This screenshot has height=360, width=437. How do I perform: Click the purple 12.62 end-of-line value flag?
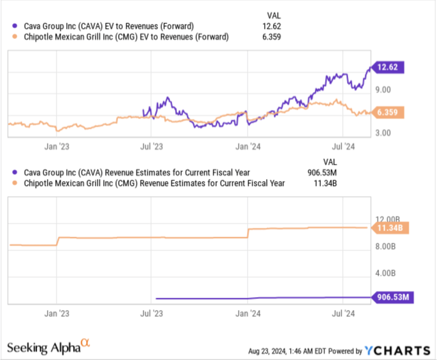click(x=389, y=67)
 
